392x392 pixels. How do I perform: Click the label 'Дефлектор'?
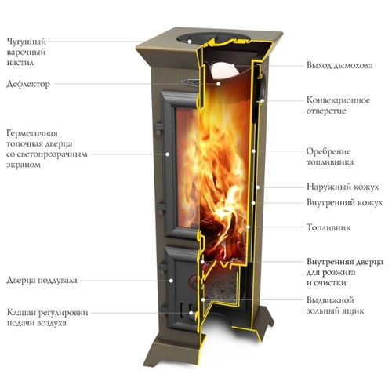28,84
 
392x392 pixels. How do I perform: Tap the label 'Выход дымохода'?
339,65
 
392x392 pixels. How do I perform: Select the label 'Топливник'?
328,227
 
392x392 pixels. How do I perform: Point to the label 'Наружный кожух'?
343,187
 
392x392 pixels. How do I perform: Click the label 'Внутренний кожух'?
345,202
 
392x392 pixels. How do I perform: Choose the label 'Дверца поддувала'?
42,281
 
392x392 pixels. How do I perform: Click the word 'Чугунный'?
27,42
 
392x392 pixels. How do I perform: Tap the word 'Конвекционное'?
339,100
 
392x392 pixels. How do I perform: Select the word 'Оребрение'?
328,151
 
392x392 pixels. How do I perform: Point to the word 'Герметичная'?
32,133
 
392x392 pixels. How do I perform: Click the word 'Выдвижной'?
330,300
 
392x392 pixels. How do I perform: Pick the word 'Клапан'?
21,313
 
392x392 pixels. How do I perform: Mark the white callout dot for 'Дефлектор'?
218,84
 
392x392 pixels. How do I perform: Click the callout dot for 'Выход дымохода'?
232,66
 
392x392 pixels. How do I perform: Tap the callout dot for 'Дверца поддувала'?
171,281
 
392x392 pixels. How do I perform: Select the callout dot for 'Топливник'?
248,227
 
